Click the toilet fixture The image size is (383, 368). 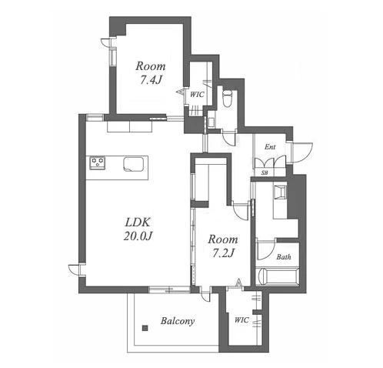click(227, 98)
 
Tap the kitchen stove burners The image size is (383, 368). click(97, 163)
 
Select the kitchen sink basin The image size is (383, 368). click(133, 164)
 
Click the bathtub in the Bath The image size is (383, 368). click(278, 276)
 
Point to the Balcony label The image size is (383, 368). click(178, 321)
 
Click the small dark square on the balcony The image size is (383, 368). click(145, 328)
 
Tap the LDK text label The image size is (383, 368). click(138, 222)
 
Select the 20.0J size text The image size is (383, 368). click(138, 236)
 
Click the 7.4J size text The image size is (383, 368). click(151, 80)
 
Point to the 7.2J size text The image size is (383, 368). click(223, 253)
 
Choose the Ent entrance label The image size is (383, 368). click(270, 147)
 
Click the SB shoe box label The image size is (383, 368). click(265, 172)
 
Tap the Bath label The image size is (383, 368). click(284, 257)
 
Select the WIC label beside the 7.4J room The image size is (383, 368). click(197, 95)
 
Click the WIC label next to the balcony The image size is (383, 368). click(241, 320)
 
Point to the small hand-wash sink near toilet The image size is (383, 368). click(211, 122)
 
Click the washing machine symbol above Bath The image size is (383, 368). click(279, 192)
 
